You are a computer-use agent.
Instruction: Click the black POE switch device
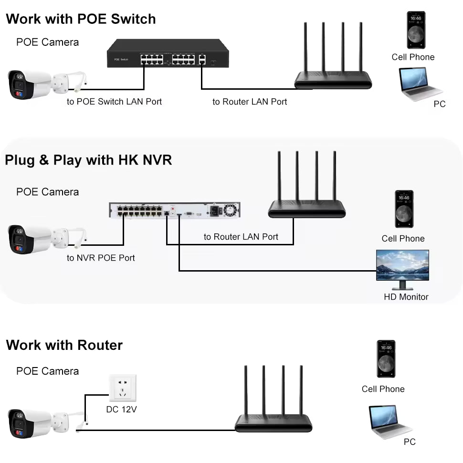point(168,53)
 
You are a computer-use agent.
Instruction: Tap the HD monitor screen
point(402,265)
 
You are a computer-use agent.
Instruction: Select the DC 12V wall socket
point(123,388)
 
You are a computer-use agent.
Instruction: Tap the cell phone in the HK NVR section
point(404,209)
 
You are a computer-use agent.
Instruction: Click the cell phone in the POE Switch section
point(416,30)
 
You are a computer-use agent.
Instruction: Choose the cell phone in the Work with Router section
point(386,359)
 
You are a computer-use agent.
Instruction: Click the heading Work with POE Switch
point(81,19)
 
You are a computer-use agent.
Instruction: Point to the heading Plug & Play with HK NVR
point(88,160)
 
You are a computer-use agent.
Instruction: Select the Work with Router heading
point(64,345)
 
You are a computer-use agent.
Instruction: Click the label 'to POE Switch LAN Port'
point(114,102)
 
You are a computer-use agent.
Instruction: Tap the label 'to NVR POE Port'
point(101,258)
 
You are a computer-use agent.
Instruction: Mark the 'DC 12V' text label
point(121,409)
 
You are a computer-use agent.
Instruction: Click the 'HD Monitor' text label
point(406,297)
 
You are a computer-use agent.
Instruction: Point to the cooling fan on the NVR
point(231,210)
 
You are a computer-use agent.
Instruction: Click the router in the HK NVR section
point(307,185)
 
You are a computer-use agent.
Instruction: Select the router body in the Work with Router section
point(274,423)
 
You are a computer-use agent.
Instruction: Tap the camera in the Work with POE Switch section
point(47,84)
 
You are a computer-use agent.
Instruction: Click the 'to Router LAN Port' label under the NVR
point(241,237)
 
